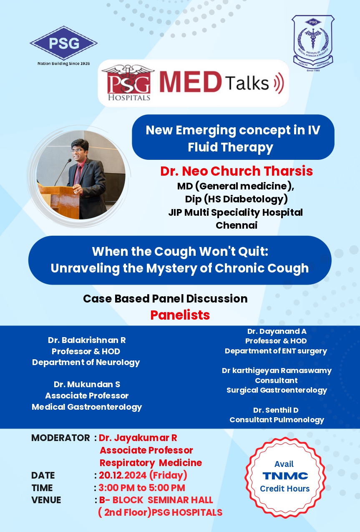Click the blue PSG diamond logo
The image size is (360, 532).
(63, 43)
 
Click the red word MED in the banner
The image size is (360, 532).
(190, 82)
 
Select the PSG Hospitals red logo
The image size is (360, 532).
(128, 83)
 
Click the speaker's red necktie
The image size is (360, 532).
(78, 175)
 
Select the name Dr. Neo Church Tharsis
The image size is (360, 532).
(237, 171)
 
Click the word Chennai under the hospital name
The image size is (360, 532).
(237, 225)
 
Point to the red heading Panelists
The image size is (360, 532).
(180, 315)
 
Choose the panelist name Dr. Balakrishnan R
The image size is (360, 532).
(87, 340)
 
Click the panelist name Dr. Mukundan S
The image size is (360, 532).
(87, 384)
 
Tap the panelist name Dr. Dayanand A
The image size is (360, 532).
(277, 331)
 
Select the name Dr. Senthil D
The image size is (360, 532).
(276, 410)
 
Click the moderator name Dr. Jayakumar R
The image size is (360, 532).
(138, 438)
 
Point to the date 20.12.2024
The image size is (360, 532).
(123, 475)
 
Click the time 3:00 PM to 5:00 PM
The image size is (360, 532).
(142, 488)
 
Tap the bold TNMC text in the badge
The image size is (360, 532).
(285, 476)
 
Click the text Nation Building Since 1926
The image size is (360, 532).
(64, 63)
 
